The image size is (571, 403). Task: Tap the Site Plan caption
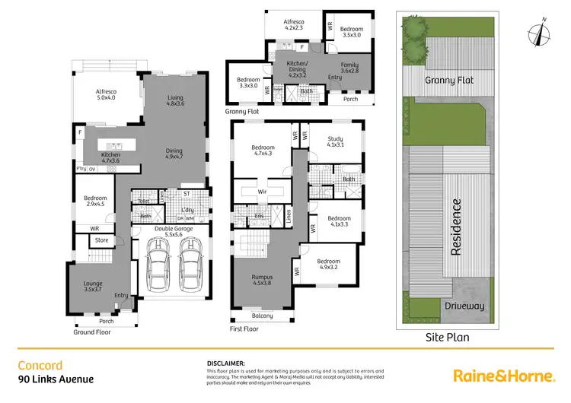click(x=447, y=337)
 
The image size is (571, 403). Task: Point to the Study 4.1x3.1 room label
click(x=335, y=142)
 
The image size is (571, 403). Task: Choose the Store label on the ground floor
click(x=101, y=242)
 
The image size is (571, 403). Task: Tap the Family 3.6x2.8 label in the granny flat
click(x=349, y=68)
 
